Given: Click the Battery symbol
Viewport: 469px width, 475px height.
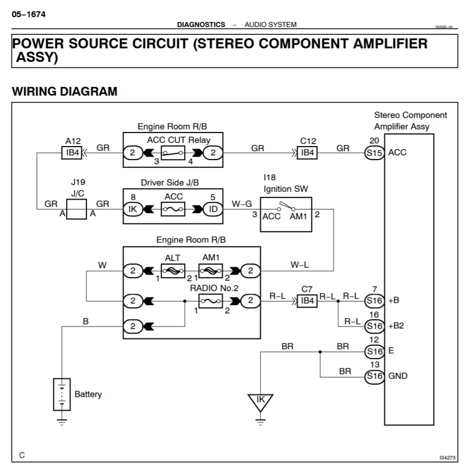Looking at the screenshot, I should point(62,394).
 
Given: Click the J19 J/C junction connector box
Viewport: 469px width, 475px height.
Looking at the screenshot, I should point(76,209).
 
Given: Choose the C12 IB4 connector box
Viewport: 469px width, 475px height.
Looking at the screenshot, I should point(307,153).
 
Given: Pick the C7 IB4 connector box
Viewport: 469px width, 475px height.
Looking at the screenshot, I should point(307,300).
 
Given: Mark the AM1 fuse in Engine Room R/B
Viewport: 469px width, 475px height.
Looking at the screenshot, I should point(211,271).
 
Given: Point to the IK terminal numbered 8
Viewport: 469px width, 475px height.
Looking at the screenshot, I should point(133,209).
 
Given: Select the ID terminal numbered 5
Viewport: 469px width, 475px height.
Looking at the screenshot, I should point(213,209).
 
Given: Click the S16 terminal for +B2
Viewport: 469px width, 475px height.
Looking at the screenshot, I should point(374,326).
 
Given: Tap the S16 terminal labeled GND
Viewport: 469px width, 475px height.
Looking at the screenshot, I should point(374,376).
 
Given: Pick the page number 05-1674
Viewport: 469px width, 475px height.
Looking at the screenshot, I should point(29,14).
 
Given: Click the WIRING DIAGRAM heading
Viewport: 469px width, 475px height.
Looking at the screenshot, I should point(64,92).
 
